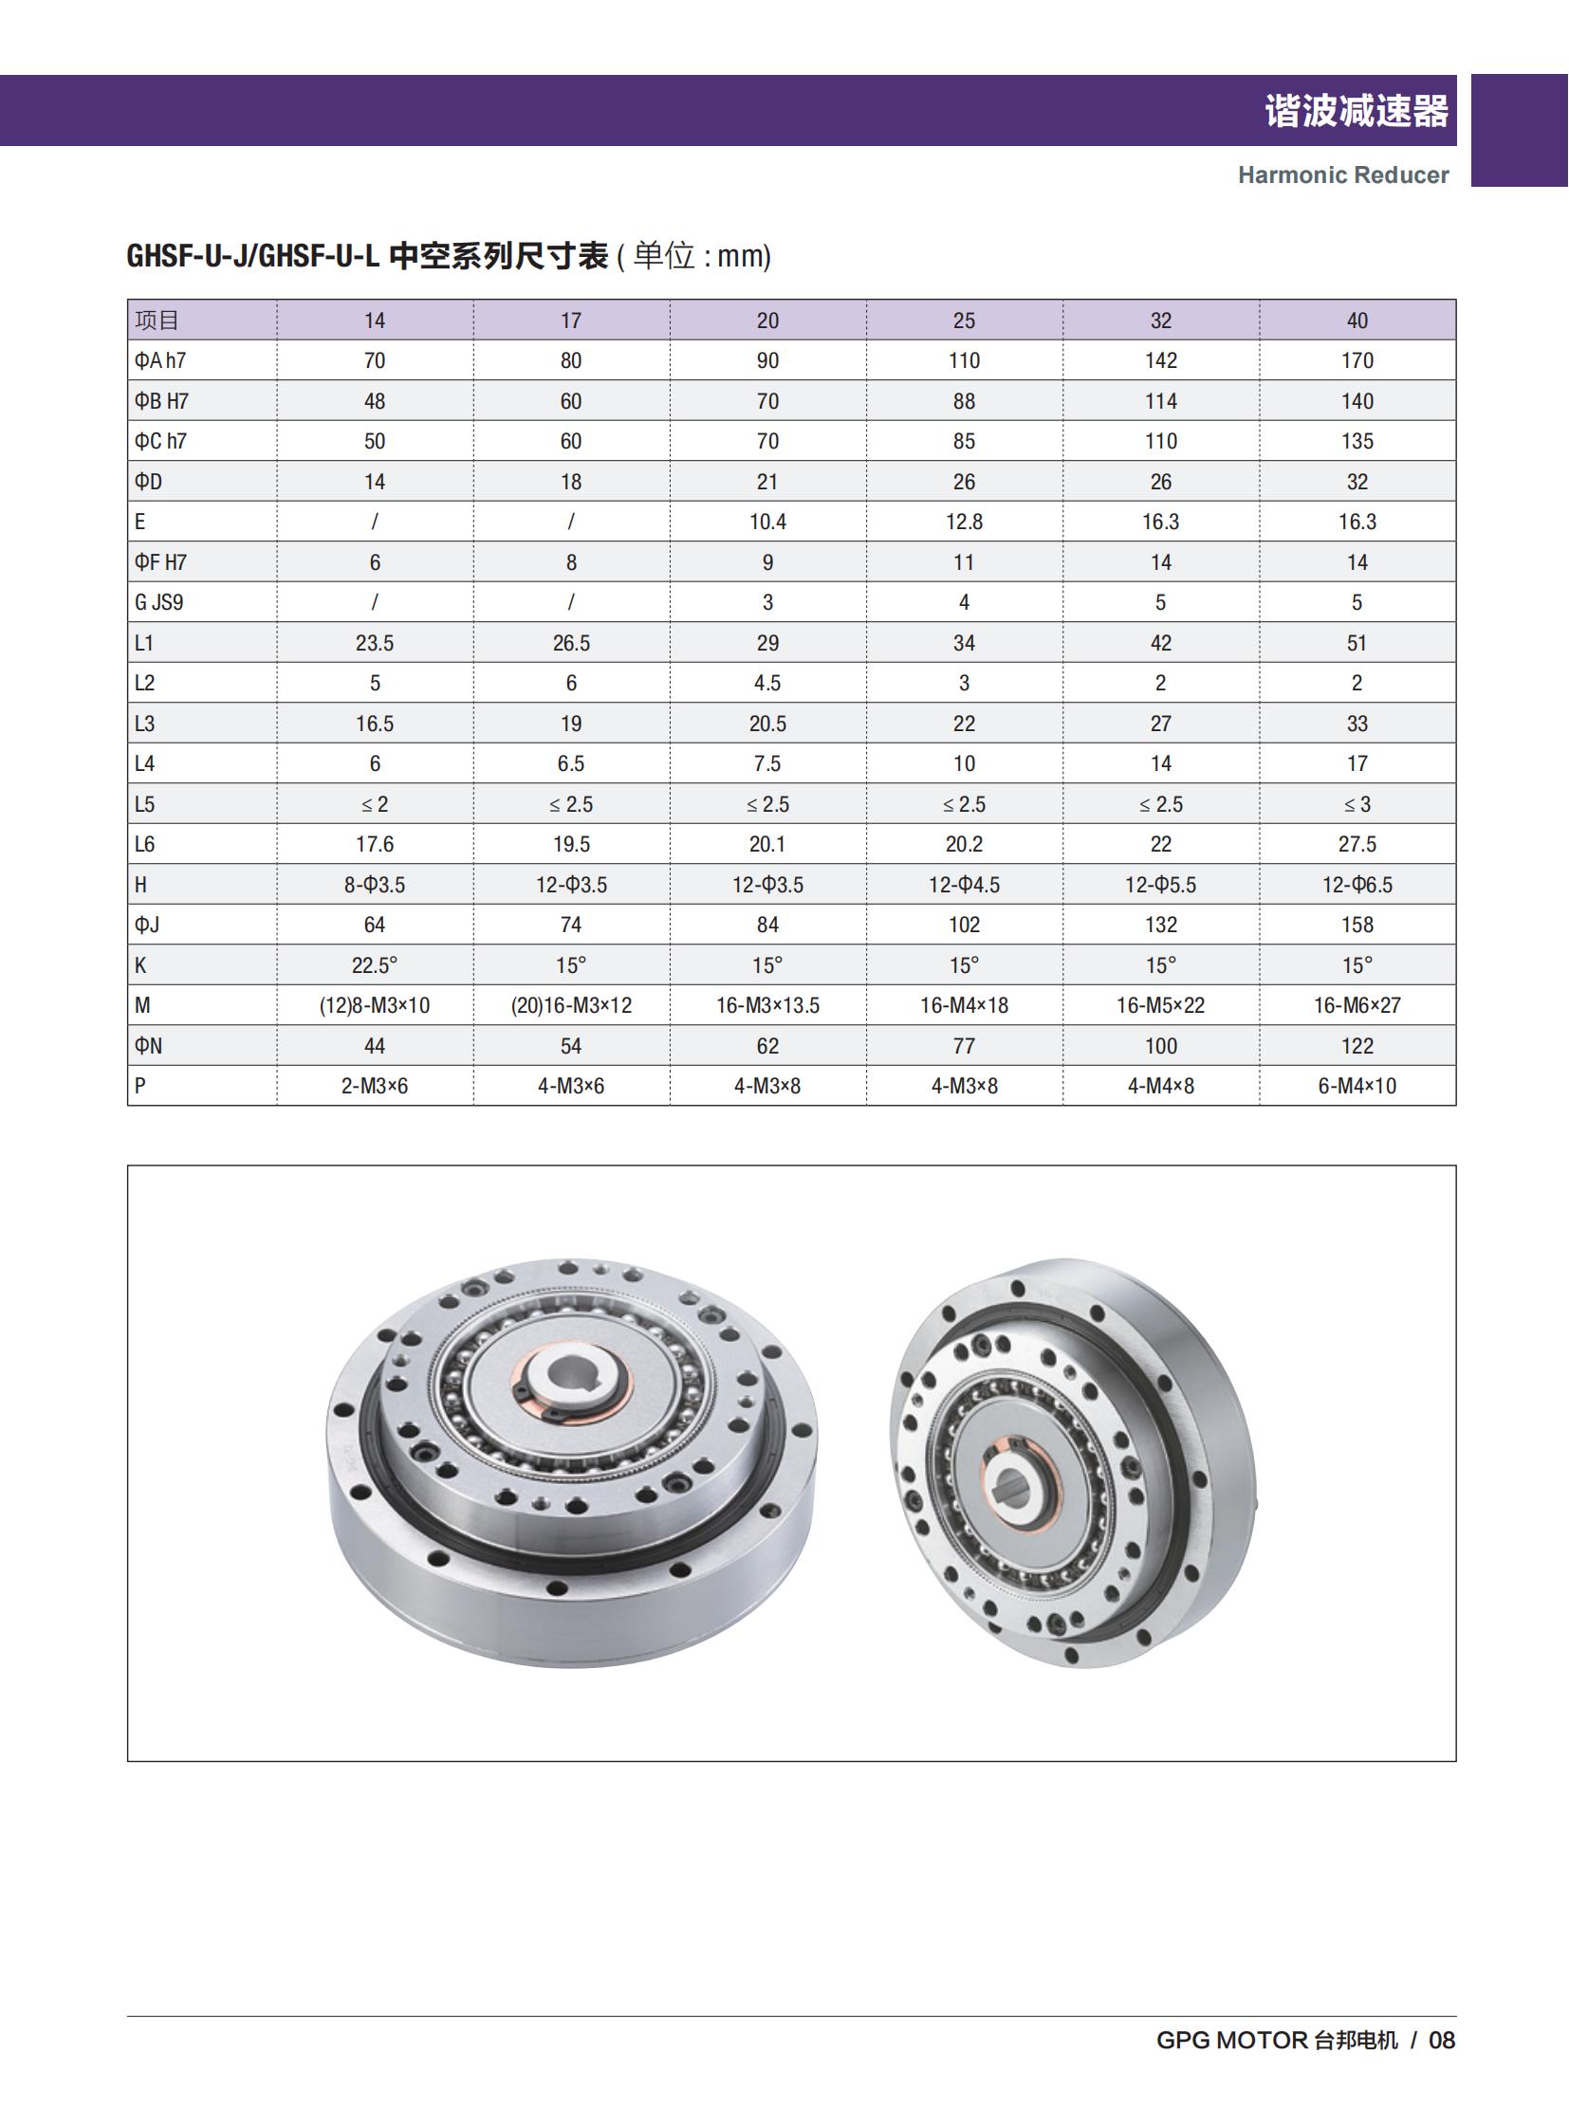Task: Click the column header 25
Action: pyautogui.click(x=964, y=321)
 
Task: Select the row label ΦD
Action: pyautogui.click(x=148, y=483)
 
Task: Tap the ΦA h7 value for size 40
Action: pyautogui.click(x=1357, y=361)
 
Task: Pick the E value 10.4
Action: pyautogui.click(x=767, y=523)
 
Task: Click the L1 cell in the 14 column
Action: pyautogui.click(x=374, y=643)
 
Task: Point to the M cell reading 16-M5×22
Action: pyautogui.click(x=1160, y=1005)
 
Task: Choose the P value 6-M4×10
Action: pyautogui.click(x=1357, y=1087)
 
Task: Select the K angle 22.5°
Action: pyautogui.click(x=374, y=965)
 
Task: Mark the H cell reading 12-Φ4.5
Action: pyautogui.click(x=964, y=885)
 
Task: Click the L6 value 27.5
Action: pyautogui.click(x=1357, y=844)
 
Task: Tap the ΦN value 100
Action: pyautogui.click(x=1160, y=1046)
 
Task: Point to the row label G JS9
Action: pyautogui.click(x=158, y=603)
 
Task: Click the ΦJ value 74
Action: pyautogui.click(x=571, y=925)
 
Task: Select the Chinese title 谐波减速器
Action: pyautogui.click(x=1356, y=111)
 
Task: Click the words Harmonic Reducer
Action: pyautogui.click(x=1343, y=175)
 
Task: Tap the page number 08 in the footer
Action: pyautogui.click(x=1442, y=2041)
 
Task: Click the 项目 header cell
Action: pyautogui.click(x=157, y=321)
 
